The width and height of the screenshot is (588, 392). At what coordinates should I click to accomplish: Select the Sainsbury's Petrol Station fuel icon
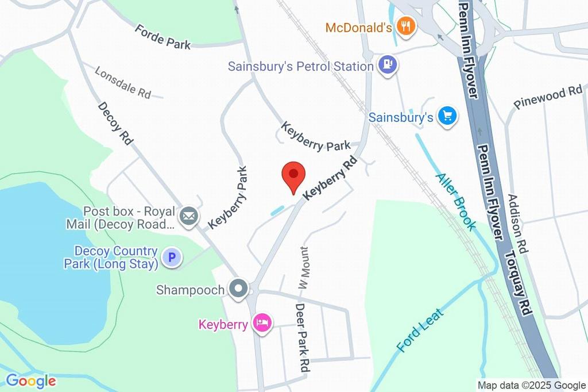[x=388, y=66]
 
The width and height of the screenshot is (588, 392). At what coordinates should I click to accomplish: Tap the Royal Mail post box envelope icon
[x=188, y=217]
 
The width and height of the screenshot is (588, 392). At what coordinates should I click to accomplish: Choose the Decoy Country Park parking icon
[x=171, y=258]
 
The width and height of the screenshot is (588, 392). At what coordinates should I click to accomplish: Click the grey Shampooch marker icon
[x=237, y=289]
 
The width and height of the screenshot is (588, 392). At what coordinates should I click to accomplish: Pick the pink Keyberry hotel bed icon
[x=263, y=324]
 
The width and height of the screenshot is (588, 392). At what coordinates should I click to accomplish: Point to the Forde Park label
[x=163, y=36]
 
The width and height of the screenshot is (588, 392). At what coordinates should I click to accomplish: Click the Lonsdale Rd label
[x=123, y=83]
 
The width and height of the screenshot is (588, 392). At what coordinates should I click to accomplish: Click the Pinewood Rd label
[x=548, y=97]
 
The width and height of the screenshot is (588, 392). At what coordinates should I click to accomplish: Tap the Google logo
[x=31, y=381]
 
